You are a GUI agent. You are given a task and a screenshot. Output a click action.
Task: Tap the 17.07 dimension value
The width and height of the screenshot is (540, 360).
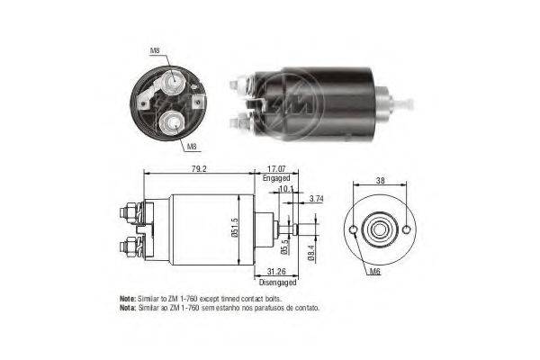click(276, 169)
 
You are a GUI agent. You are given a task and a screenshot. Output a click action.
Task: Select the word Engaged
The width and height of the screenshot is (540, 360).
click(276, 178)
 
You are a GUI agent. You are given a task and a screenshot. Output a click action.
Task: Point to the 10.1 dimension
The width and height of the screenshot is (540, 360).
click(286, 189)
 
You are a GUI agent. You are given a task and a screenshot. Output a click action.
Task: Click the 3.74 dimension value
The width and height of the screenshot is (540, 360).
click(316, 198)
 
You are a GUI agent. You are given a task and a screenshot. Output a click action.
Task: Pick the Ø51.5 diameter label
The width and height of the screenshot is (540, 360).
click(236, 227)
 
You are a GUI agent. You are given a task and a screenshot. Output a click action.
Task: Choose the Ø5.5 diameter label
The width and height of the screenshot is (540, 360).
click(284, 247)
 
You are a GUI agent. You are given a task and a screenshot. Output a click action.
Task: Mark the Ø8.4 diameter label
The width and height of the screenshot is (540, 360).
click(311, 252)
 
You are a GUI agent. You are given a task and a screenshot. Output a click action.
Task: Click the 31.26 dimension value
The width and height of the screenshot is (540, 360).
click(276, 272)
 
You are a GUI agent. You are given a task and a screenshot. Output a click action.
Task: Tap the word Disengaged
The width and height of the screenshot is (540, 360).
click(277, 282)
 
